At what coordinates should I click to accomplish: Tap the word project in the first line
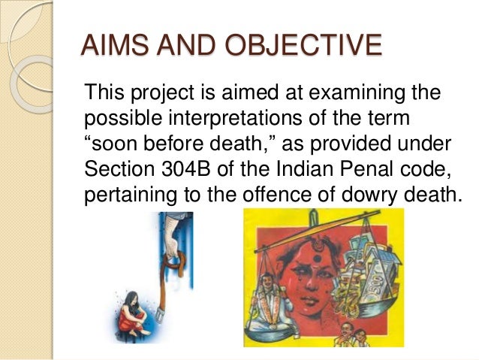point(156,95)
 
